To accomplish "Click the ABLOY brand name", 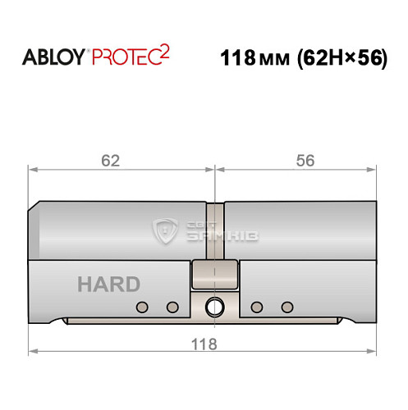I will coord(55,58).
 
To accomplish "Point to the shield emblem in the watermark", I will coord(166,232).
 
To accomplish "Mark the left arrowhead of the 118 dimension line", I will coord(34,353).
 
